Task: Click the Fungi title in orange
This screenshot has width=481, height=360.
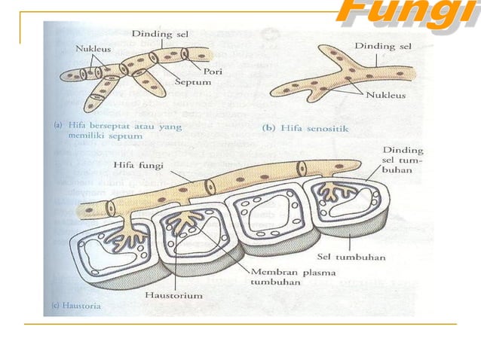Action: tap(407, 14)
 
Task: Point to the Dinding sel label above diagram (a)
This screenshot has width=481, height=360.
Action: tap(161, 34)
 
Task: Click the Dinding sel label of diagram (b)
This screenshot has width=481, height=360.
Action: tap(383, 46)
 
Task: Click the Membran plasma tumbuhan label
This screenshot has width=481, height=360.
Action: tap(281, 276)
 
